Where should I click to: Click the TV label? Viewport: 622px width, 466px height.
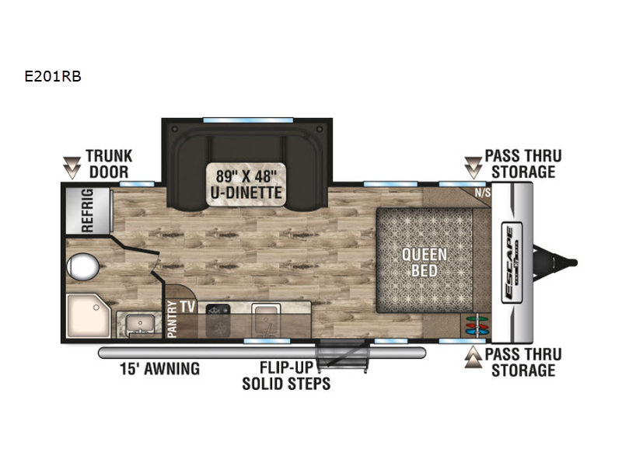coord(187,305)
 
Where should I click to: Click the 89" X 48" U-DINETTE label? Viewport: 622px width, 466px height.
coord(245,182)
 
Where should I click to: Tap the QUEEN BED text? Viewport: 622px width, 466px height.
coord(425,263)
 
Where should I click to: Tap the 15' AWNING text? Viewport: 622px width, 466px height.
coord(160,368)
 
